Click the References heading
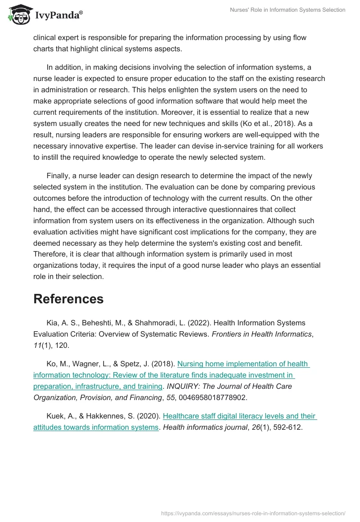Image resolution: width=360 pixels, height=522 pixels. tap(68, 299)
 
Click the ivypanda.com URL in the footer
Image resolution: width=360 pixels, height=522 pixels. tap(253, 513)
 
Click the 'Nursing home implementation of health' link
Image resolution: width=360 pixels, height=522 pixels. tap(243, 364)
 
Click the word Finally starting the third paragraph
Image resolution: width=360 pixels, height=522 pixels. tap(57, 175)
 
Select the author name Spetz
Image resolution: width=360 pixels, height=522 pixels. tap(139, 364)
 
